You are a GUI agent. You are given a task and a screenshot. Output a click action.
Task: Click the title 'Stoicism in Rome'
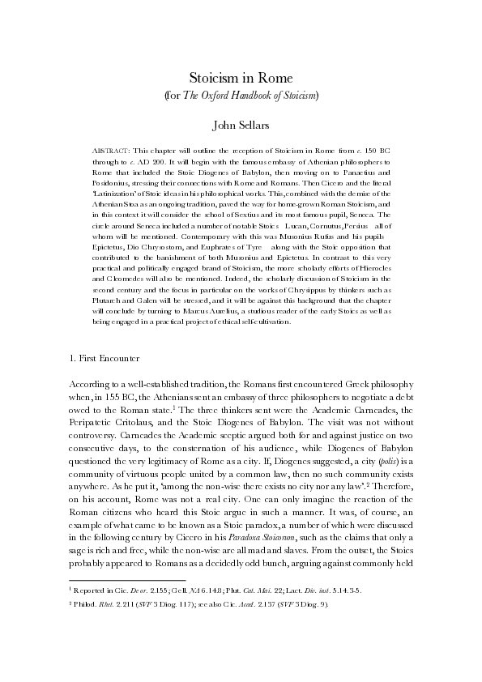tap(240, 78)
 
